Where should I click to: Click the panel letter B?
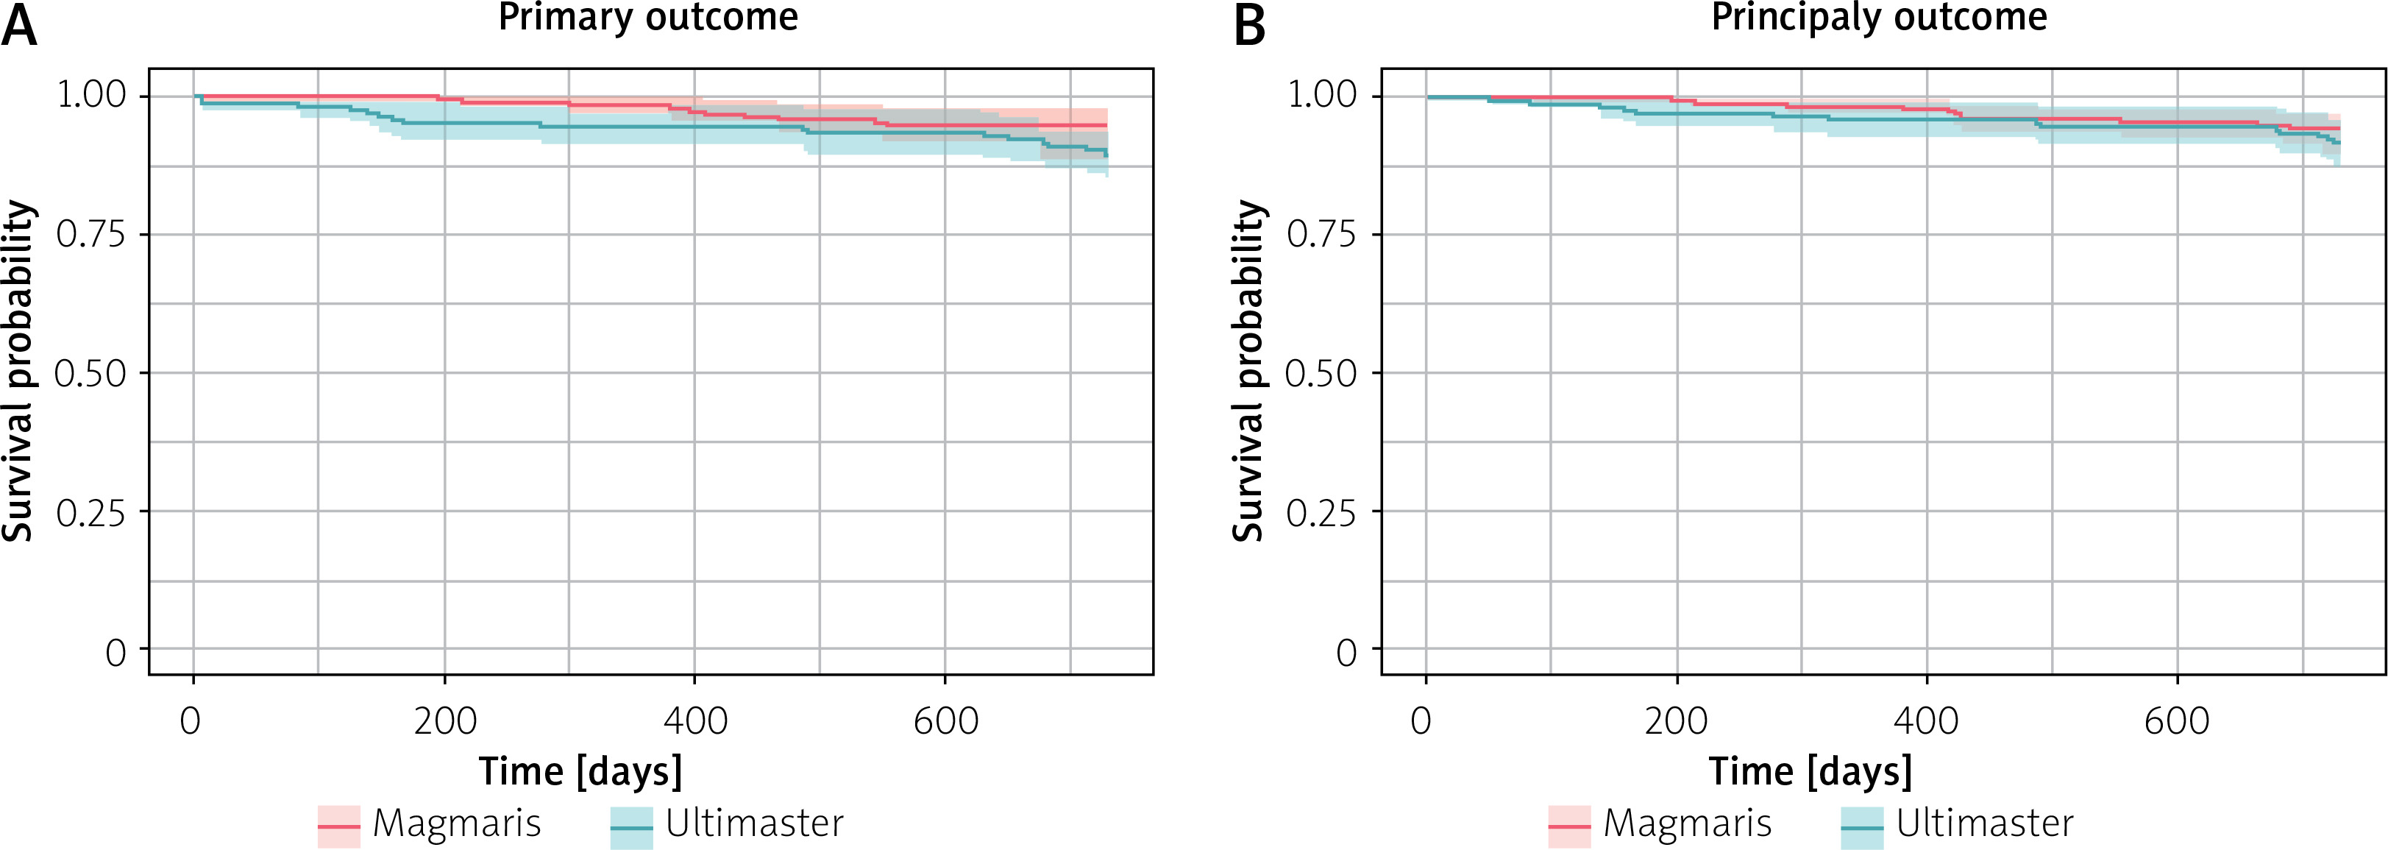coord(1250,26)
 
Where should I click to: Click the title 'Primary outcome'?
coord(648,18)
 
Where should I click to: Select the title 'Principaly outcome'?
coord(1879,18)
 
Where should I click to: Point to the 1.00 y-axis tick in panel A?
coord(90,94)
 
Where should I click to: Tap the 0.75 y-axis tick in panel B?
coord(1321,235)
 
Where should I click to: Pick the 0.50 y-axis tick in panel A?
coord(90,374)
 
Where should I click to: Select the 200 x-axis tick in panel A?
coord(445,721)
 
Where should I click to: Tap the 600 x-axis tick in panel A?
coord(945,721)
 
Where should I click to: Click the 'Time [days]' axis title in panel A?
coord(580,772)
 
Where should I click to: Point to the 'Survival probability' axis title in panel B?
coord(1248,371)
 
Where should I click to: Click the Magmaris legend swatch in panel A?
coord(338,826)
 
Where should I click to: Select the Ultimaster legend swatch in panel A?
coord(631,826)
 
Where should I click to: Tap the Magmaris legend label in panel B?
coord(1687,823)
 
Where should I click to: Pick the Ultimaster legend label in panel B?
coord(1984,823)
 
